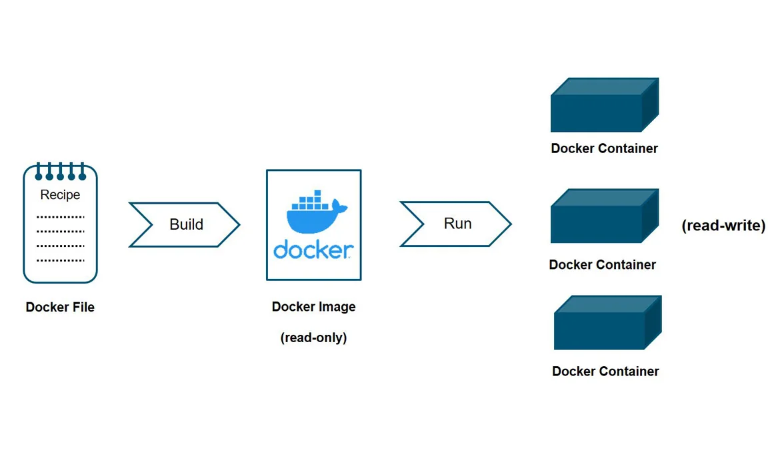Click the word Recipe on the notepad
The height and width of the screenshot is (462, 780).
(x=60, y=195)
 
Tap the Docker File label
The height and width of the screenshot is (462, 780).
(x=60, y=308)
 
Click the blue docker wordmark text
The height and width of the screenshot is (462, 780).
(x=313, y=250)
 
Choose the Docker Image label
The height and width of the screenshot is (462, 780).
(x=313, y=307)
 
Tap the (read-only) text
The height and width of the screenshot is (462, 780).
(x=313, y=338)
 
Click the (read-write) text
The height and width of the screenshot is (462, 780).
(x=723, y=226)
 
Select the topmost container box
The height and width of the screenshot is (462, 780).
(x=603, y=107)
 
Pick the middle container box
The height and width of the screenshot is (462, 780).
(x=603, y=217)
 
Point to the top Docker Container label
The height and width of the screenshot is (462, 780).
(x=604, y=148)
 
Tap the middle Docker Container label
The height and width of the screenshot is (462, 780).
(x=602, y=265)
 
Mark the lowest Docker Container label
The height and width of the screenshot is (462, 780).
(x=605, y=371)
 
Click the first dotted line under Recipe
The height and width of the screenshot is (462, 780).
(x=60, y=217)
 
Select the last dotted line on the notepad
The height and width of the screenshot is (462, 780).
(x=60, y=260)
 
